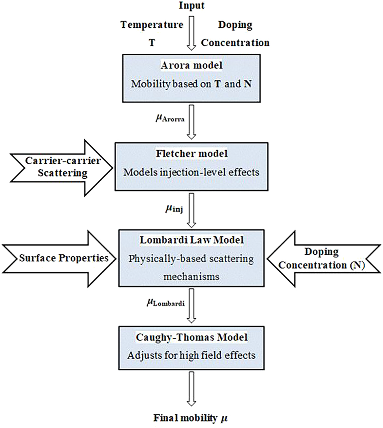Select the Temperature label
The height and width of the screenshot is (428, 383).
(152, 25)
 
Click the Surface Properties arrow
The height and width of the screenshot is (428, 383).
(59, 258)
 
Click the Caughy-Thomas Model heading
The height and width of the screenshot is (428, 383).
(191, 337)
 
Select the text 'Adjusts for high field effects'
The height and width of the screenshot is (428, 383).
(191, 355)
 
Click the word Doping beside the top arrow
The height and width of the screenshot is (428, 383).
(235, 25)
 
